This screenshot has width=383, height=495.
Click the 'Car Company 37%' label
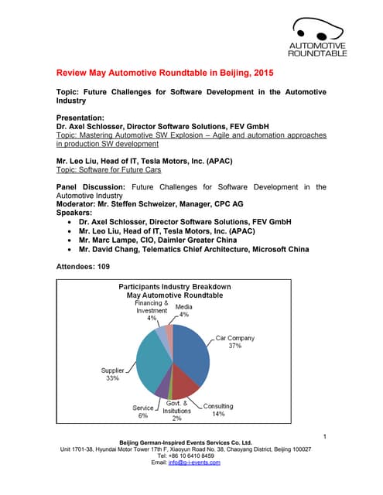234,342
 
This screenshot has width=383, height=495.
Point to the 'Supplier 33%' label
112,374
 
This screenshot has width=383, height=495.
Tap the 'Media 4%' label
184,310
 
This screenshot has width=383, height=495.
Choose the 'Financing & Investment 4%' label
152,309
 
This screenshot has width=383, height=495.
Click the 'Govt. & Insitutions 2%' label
177,411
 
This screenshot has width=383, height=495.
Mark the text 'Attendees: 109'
83,266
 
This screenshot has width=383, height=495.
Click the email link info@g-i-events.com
200,463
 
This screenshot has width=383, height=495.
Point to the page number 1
326,438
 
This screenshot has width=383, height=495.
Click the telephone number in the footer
191,456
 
